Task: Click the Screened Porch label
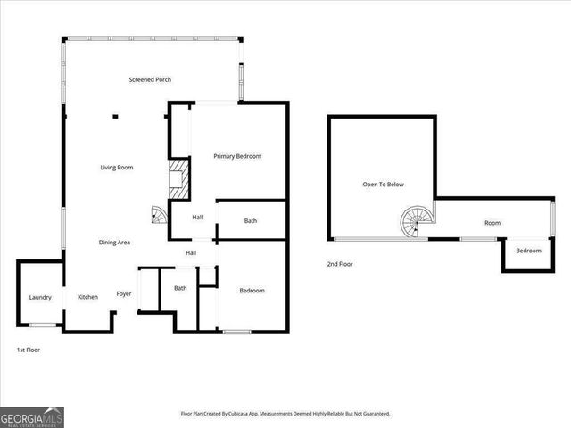click(x=150, y=80)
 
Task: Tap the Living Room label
click(x=116, y=168)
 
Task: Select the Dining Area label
click(x=115, y=243)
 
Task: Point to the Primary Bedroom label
click(x=237, y=157)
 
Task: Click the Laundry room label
click(x=40, y=298)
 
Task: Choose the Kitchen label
click(x=87, y=298)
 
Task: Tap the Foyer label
click(x=124, y=294)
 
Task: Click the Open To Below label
click(x=383, y=185)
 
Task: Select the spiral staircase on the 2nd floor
click(x=415, y=222)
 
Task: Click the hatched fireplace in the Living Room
click(x=180, y=180)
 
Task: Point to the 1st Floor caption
click(x=29, y=350)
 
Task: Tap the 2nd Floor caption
click(x=339, y=265)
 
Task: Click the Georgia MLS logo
click(x=32, y=416)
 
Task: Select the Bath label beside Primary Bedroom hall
click(x=251, y=221)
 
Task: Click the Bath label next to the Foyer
click(x=180, y=288)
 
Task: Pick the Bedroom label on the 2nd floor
click(x=528, y=251)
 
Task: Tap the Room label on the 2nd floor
click(x=492, y=223)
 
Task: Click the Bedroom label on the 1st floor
click(x=252, y=291)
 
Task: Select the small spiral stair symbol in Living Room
click(x=158, y=215)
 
